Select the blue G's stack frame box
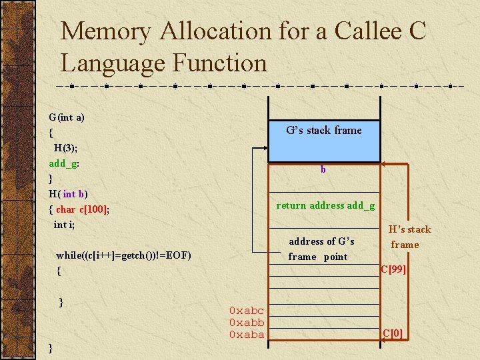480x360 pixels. coord(323,131)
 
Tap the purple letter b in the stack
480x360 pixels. coord(323,169)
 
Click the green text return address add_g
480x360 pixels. coord(325,205)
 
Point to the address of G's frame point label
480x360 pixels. coord(321,249)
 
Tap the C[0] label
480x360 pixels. coord(392,333)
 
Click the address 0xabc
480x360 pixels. coord(246,311)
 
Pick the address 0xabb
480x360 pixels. coord(246,323)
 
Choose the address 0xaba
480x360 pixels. coord(246,335)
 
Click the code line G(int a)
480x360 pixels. coord(67,117)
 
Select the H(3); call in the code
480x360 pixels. coord(66,148)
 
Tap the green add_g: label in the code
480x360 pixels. coord(65,163)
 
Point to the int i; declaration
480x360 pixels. coord(65,225)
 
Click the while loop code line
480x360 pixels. coord(123,255)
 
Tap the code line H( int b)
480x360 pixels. coord(68,194)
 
